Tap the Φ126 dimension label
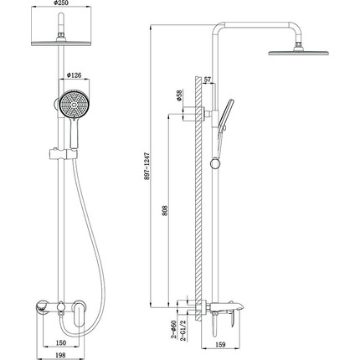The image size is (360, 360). pos(74,75)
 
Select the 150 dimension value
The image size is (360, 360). pos(60,342)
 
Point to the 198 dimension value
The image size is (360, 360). pos(60,355)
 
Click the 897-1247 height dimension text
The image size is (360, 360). pos(147,166)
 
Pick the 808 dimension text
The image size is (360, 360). pos(165,211)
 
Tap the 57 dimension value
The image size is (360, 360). pos(208,80)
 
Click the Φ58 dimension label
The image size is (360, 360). pos(179,95)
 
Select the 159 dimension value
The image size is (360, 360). pos(220,345)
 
